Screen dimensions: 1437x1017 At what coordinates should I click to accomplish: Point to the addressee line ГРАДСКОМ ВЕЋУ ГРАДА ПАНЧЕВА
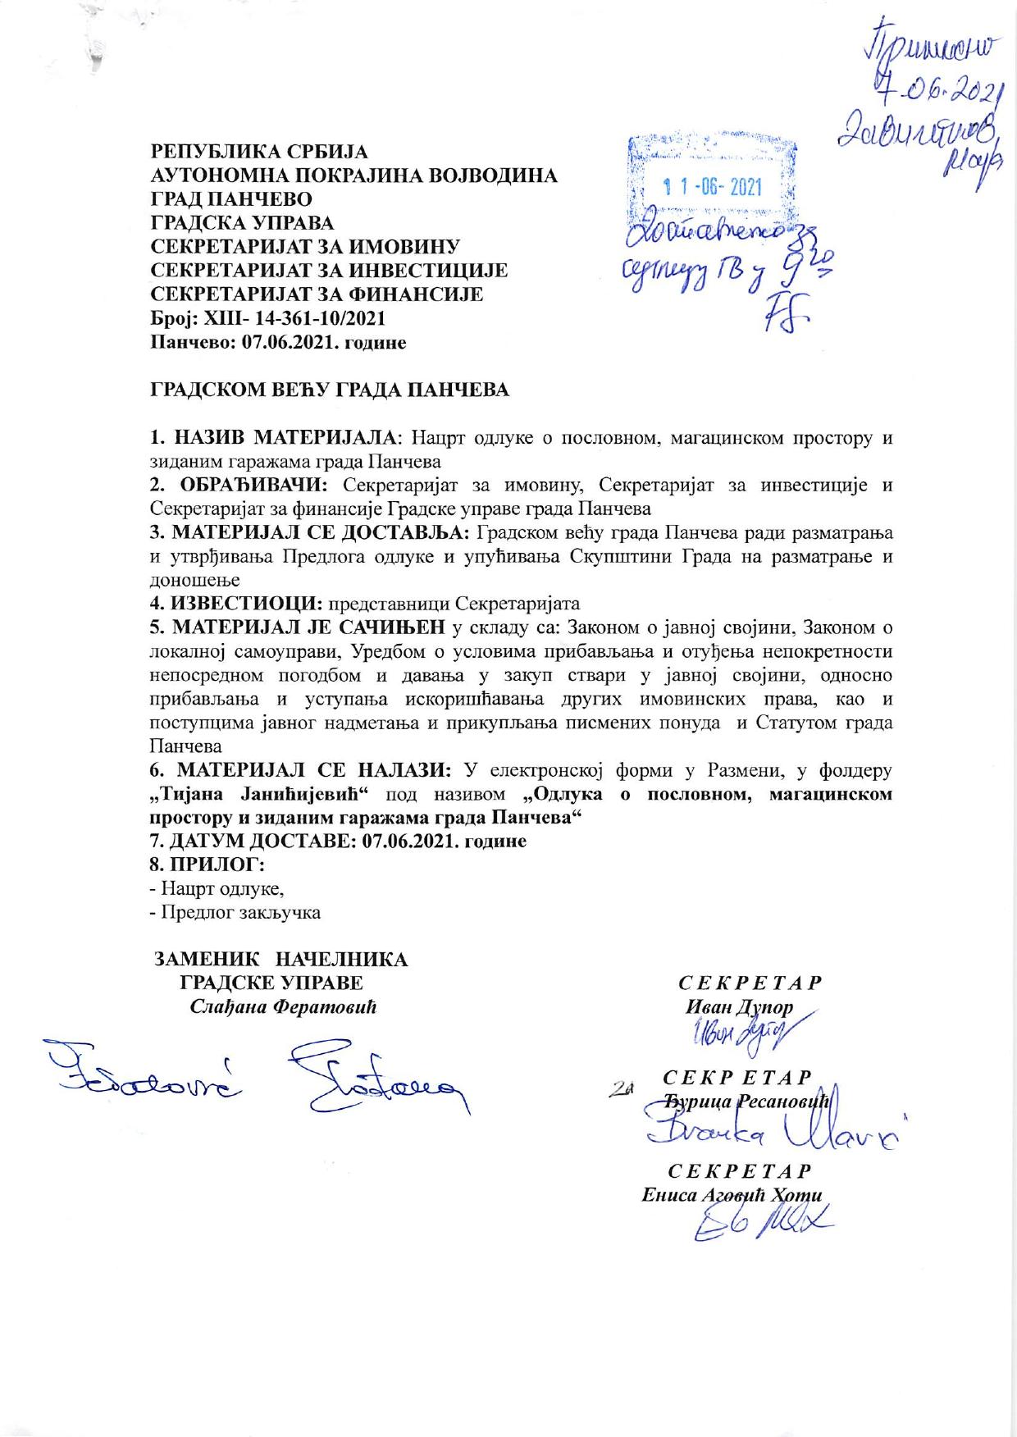(x=329, y=390)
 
